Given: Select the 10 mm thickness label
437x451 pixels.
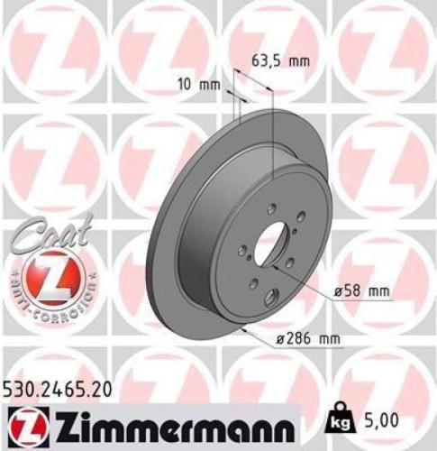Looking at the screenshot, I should [x=198, y=87].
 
